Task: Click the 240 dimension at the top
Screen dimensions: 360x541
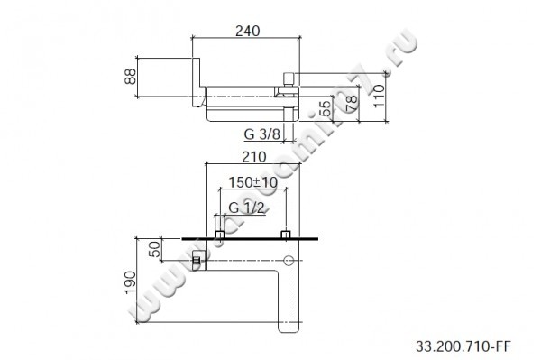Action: [x=246, y=31]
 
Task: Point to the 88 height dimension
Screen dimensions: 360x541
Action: [x=131, y=78]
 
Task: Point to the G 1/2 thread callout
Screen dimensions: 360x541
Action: [x=246, y=209]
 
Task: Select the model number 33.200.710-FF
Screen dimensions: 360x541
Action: [x=462, y=345]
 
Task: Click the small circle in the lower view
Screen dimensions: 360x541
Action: [x=288, y=261]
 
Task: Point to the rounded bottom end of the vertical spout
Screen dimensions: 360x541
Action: [x=289, y=328]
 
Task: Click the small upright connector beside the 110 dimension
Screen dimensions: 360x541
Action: [x=289, y=78]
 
